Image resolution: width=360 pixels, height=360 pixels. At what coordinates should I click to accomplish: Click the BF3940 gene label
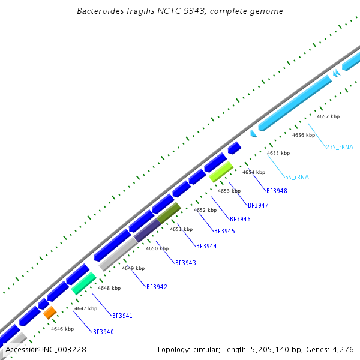[103, 332]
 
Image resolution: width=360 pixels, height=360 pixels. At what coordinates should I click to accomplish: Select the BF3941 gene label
[122, 316]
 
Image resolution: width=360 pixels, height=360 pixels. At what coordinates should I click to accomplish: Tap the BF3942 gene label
[157, 287]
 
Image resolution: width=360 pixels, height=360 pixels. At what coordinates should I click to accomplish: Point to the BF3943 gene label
[185, 263]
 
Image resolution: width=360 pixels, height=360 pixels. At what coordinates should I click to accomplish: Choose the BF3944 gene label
[206, 246]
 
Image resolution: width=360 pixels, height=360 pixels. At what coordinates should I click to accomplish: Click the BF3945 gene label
[224, 231]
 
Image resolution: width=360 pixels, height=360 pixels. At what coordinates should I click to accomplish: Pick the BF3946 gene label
[240, 219]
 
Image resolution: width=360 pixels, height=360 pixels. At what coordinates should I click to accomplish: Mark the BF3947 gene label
[258, 205]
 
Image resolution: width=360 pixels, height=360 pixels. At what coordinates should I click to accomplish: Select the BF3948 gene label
[276, 191]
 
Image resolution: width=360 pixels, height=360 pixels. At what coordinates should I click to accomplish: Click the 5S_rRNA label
[296, 177]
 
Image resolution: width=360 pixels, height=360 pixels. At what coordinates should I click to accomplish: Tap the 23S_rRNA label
[340, 147]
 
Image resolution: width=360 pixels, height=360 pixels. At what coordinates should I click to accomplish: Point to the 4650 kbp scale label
[157, 248]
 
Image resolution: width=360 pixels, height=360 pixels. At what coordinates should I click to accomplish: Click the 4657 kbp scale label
[328, 116]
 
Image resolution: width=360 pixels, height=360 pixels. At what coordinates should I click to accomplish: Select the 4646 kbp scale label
[62, 329]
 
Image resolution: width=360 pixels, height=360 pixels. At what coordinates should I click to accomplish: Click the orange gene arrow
[49, 312]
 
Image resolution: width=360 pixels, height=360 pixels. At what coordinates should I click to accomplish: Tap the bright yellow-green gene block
[221, 172]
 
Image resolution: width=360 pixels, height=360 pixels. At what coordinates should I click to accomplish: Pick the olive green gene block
[169, 212]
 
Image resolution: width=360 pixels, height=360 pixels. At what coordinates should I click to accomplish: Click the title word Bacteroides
[99, 11]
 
